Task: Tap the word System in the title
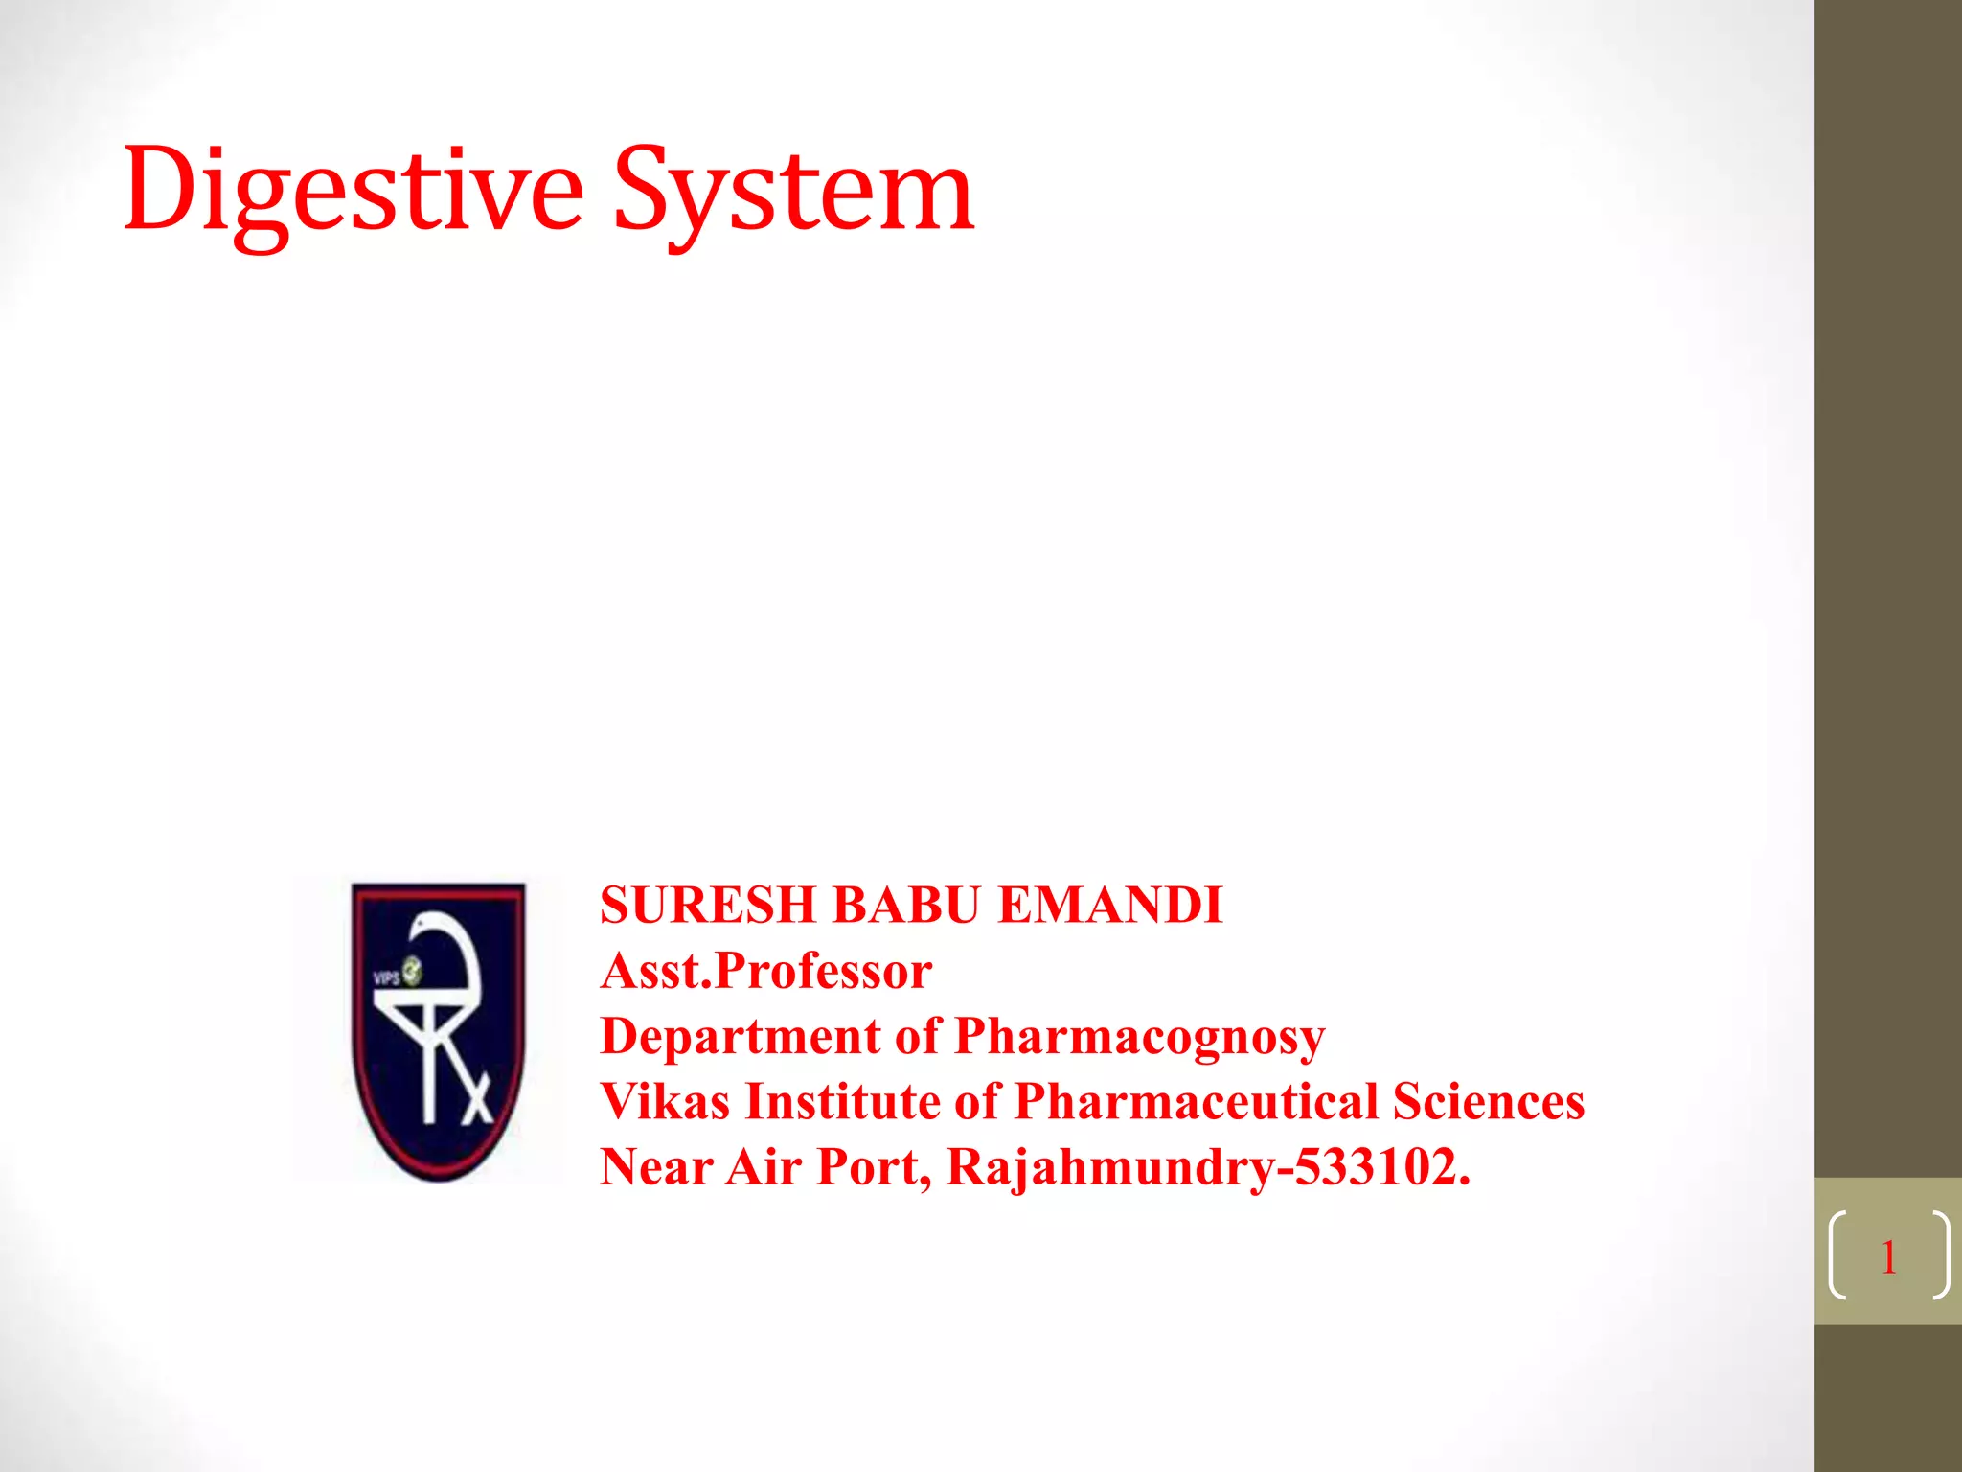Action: tap(793, 192)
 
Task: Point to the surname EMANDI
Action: tap(1110, 906)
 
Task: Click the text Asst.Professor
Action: tap(766, 971)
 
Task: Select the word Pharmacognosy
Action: tap(1140, 1037)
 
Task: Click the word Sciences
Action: tap(1488, 1102)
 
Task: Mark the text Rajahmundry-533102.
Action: tap(1207, 1167)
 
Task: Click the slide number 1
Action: tap(1888, 1256)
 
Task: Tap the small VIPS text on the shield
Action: tap(385, 977)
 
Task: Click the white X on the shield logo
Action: tap(476, 1098)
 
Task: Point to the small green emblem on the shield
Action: tap(411, 970)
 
